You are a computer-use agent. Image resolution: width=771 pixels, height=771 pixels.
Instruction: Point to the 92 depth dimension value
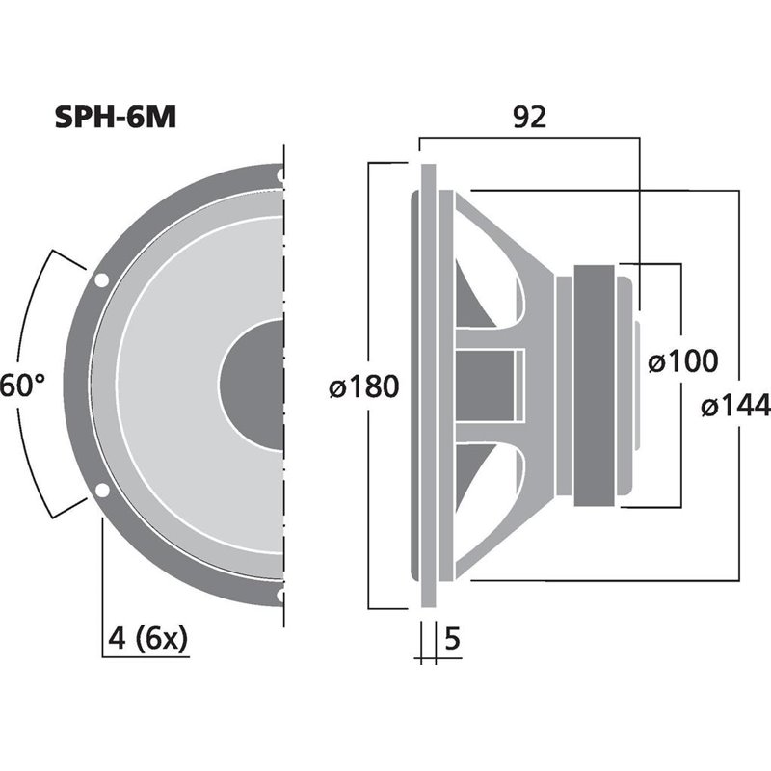pyautogui.click(x=528, y=117)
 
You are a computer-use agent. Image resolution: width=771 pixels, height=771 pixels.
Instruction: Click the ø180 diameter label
pyautogui.click(x=362, y=387)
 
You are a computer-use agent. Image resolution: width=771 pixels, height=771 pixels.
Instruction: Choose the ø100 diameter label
pyautogui.click(x=682, y=361)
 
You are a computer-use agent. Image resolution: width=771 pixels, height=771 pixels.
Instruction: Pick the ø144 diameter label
pyautogui.click(x=735, y=407)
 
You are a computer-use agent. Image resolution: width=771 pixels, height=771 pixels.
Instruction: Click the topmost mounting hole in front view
pyautogui.click(x=280, y=176)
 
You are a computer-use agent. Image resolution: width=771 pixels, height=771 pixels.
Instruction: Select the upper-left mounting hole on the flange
pyautogui.click(x=100, y=281)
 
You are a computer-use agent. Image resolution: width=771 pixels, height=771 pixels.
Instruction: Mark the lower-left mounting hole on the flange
pyautogui.click(x=100, y=491)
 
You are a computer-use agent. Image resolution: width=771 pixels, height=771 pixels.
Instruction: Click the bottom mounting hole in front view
pyautogui.click(x=280, y=596)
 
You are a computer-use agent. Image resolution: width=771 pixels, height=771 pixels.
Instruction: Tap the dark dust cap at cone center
pyautogui.click(x=253, y=385)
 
